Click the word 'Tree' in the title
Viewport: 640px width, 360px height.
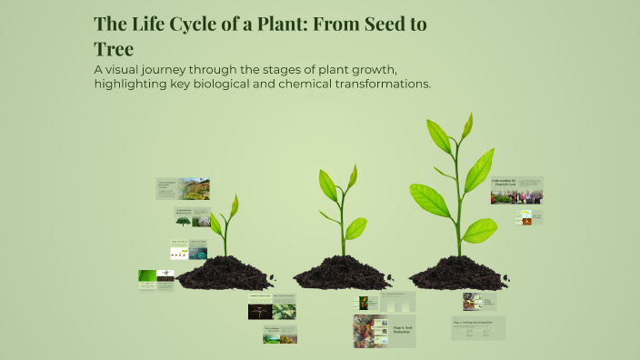(114, 49)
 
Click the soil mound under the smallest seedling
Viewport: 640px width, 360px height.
(225, 273)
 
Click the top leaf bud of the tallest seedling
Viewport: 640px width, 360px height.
(467, 125)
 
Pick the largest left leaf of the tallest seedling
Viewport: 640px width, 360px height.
(428, 200)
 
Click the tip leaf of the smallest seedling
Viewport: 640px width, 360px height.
(234, 206)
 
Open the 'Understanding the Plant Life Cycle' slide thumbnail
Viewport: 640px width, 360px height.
(516, 190)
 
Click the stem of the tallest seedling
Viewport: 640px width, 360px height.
(457, 218)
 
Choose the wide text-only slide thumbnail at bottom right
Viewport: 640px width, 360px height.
(478, 328)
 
